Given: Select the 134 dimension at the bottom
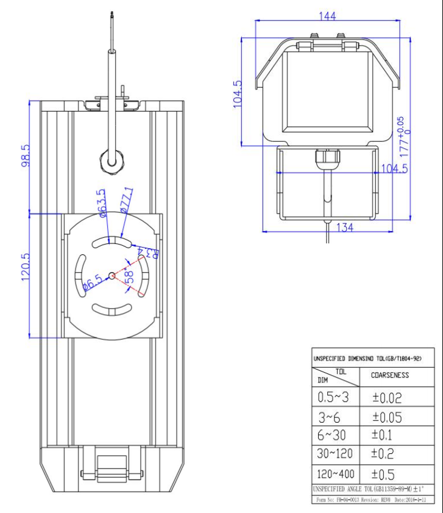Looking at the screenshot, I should pos(345,228).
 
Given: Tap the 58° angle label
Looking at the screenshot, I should pos(129,275).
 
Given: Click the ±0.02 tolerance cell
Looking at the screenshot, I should pos(387,398).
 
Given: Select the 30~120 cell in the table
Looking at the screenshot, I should pos(335,453).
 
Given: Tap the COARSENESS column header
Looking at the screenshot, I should pos(390,376).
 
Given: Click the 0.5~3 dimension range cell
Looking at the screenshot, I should pos(335,398).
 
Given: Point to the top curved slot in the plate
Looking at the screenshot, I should pos(112,243).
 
